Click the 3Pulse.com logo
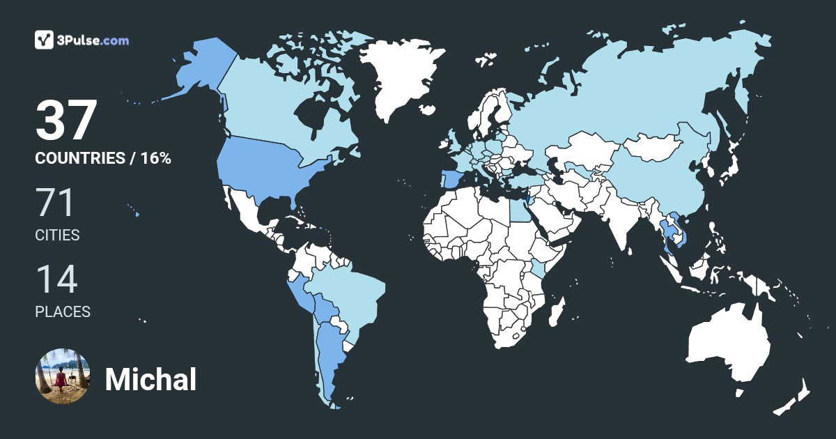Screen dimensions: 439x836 click(82, 40)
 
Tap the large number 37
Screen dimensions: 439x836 click(65, 121)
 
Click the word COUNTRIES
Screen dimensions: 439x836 click(79, 158)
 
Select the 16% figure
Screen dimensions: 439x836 click(155, 158)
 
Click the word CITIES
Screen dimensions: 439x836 click(57, 236)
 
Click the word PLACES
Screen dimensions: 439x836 click(63, 311)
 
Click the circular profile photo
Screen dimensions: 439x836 click(62, 376)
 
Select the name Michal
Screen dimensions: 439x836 click(150, 380)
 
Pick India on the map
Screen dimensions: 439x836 click(620, 216)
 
